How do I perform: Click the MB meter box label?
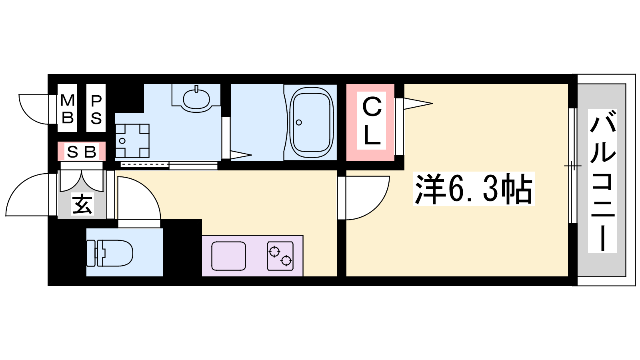click(x=68, y=108)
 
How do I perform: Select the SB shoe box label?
click(x=82, y=152)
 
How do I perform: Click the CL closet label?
click(x=372, y=120)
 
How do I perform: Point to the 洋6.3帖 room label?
click(x=474, y=189)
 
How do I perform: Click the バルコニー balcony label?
click(x=602, y=181)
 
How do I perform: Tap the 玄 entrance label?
click(x=82, y=204)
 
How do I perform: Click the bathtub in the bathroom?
click(x=312, y=122)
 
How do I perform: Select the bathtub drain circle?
click(x=299, y=122)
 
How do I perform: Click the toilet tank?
click(x=91, y=253)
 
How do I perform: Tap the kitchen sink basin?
click(x=228, y=256)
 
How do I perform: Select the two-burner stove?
click(x=280, y=256)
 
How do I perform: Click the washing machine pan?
click(x=132, y=141)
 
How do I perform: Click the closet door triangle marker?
click(x=418, y=104)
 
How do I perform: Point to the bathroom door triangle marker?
click(x=241, y=156)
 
